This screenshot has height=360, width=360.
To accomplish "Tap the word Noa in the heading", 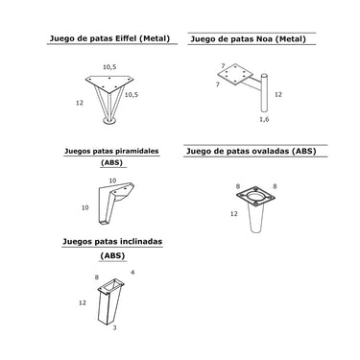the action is (x=264, y=39).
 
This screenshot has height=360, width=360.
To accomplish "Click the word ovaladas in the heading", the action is (x=273, y=151).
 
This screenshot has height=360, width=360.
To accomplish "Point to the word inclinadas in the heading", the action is (x=141, y=241).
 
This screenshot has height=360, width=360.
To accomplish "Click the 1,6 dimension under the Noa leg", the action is (x=264, y=119).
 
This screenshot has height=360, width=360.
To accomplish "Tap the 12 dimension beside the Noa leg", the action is (x=278, y=94).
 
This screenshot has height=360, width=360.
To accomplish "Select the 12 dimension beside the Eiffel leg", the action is (x=80, y=103).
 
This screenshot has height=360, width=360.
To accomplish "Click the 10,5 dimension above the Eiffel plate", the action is (x=109, y=67).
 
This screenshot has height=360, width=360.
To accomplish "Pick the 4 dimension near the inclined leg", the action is (x=132, y=273).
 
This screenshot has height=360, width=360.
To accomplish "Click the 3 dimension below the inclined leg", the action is (x=114, y=327).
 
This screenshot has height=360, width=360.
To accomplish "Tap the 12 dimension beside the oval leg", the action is (x=234, y=213).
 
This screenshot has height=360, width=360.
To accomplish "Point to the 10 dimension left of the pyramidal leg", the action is (x=84, y=207).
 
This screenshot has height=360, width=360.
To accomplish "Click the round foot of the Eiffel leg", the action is (x=109, y=121).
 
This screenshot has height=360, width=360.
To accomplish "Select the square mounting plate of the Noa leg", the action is (x=235, y=74).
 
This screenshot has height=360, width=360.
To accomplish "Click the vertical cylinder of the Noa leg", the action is (x=264, y=93).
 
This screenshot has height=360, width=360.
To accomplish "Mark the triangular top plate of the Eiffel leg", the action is (x=109, y=84).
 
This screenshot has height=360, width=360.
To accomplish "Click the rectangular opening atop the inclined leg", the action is (x=111, y=285).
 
